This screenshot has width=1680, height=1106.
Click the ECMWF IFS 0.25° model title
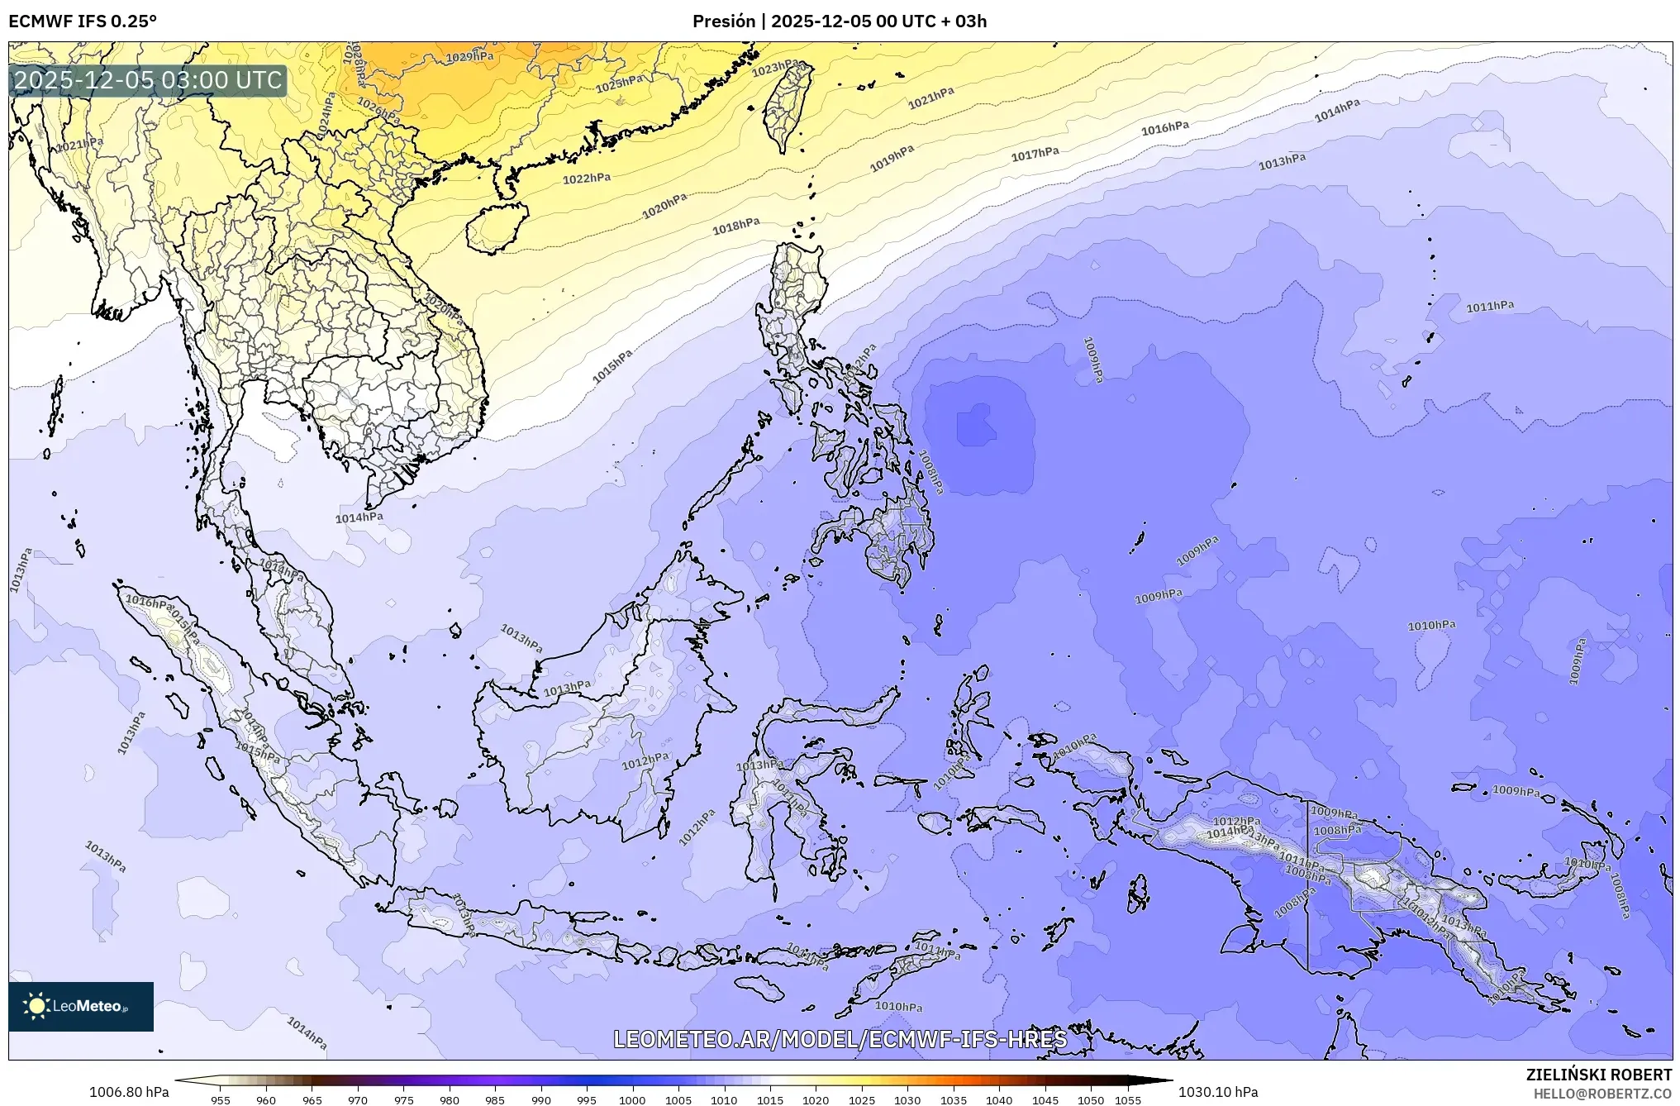point(83,21)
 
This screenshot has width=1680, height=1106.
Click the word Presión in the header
point(723,21)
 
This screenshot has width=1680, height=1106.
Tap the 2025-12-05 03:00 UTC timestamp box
point(148,80)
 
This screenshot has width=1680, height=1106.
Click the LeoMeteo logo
point(81,1006)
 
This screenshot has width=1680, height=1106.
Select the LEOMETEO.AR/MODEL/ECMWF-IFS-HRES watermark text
point(840,1039)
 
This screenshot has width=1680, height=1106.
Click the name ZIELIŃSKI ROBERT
point(1598,1075)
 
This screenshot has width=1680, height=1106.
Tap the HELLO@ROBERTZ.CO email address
point(1602,1093)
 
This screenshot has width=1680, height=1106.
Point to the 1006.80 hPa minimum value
point(129,1092)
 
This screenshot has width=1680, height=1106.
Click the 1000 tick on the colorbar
point(632,1100)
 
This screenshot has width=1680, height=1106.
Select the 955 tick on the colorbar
point(221,1100)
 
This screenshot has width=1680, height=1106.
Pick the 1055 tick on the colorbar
point(1128,1100)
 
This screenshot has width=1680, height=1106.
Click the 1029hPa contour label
point(469,57)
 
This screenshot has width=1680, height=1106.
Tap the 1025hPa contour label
point(620,83)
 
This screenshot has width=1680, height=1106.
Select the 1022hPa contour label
point(587,179)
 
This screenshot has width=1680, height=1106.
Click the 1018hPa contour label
point(736,226)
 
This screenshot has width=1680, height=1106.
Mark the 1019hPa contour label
point(892,158)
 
